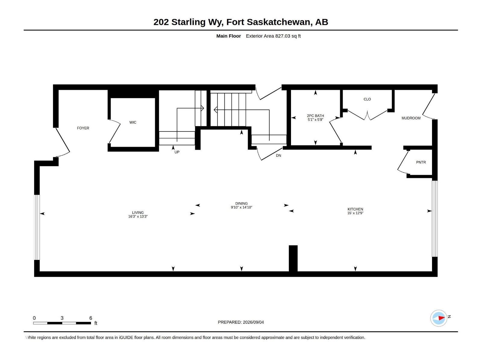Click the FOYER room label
click(83, 128)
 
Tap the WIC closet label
click(133, 122)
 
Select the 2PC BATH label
click(315, 116)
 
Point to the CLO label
click(367, 99)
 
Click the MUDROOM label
click(411, 118)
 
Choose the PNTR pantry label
click(421, 162)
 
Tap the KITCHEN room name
click(355, 209)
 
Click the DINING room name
click(241, 203)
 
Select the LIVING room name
click(138, 213)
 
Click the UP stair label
click(177, 152)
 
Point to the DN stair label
click(278, 156)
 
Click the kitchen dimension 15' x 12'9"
click(355, 213)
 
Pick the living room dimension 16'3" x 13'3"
click(138, 217)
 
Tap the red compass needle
click(441, 318)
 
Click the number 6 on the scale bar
click(91, 318)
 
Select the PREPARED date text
click(241, 322)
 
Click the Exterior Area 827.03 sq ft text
click(273, 36)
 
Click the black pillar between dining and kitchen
click(293, 258)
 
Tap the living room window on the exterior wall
click(37, 227)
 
